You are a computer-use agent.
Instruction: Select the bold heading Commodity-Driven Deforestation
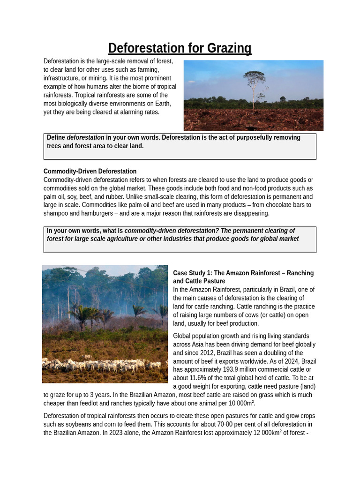tap(90, 172)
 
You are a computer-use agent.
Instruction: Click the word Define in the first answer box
tap(56, 138)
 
